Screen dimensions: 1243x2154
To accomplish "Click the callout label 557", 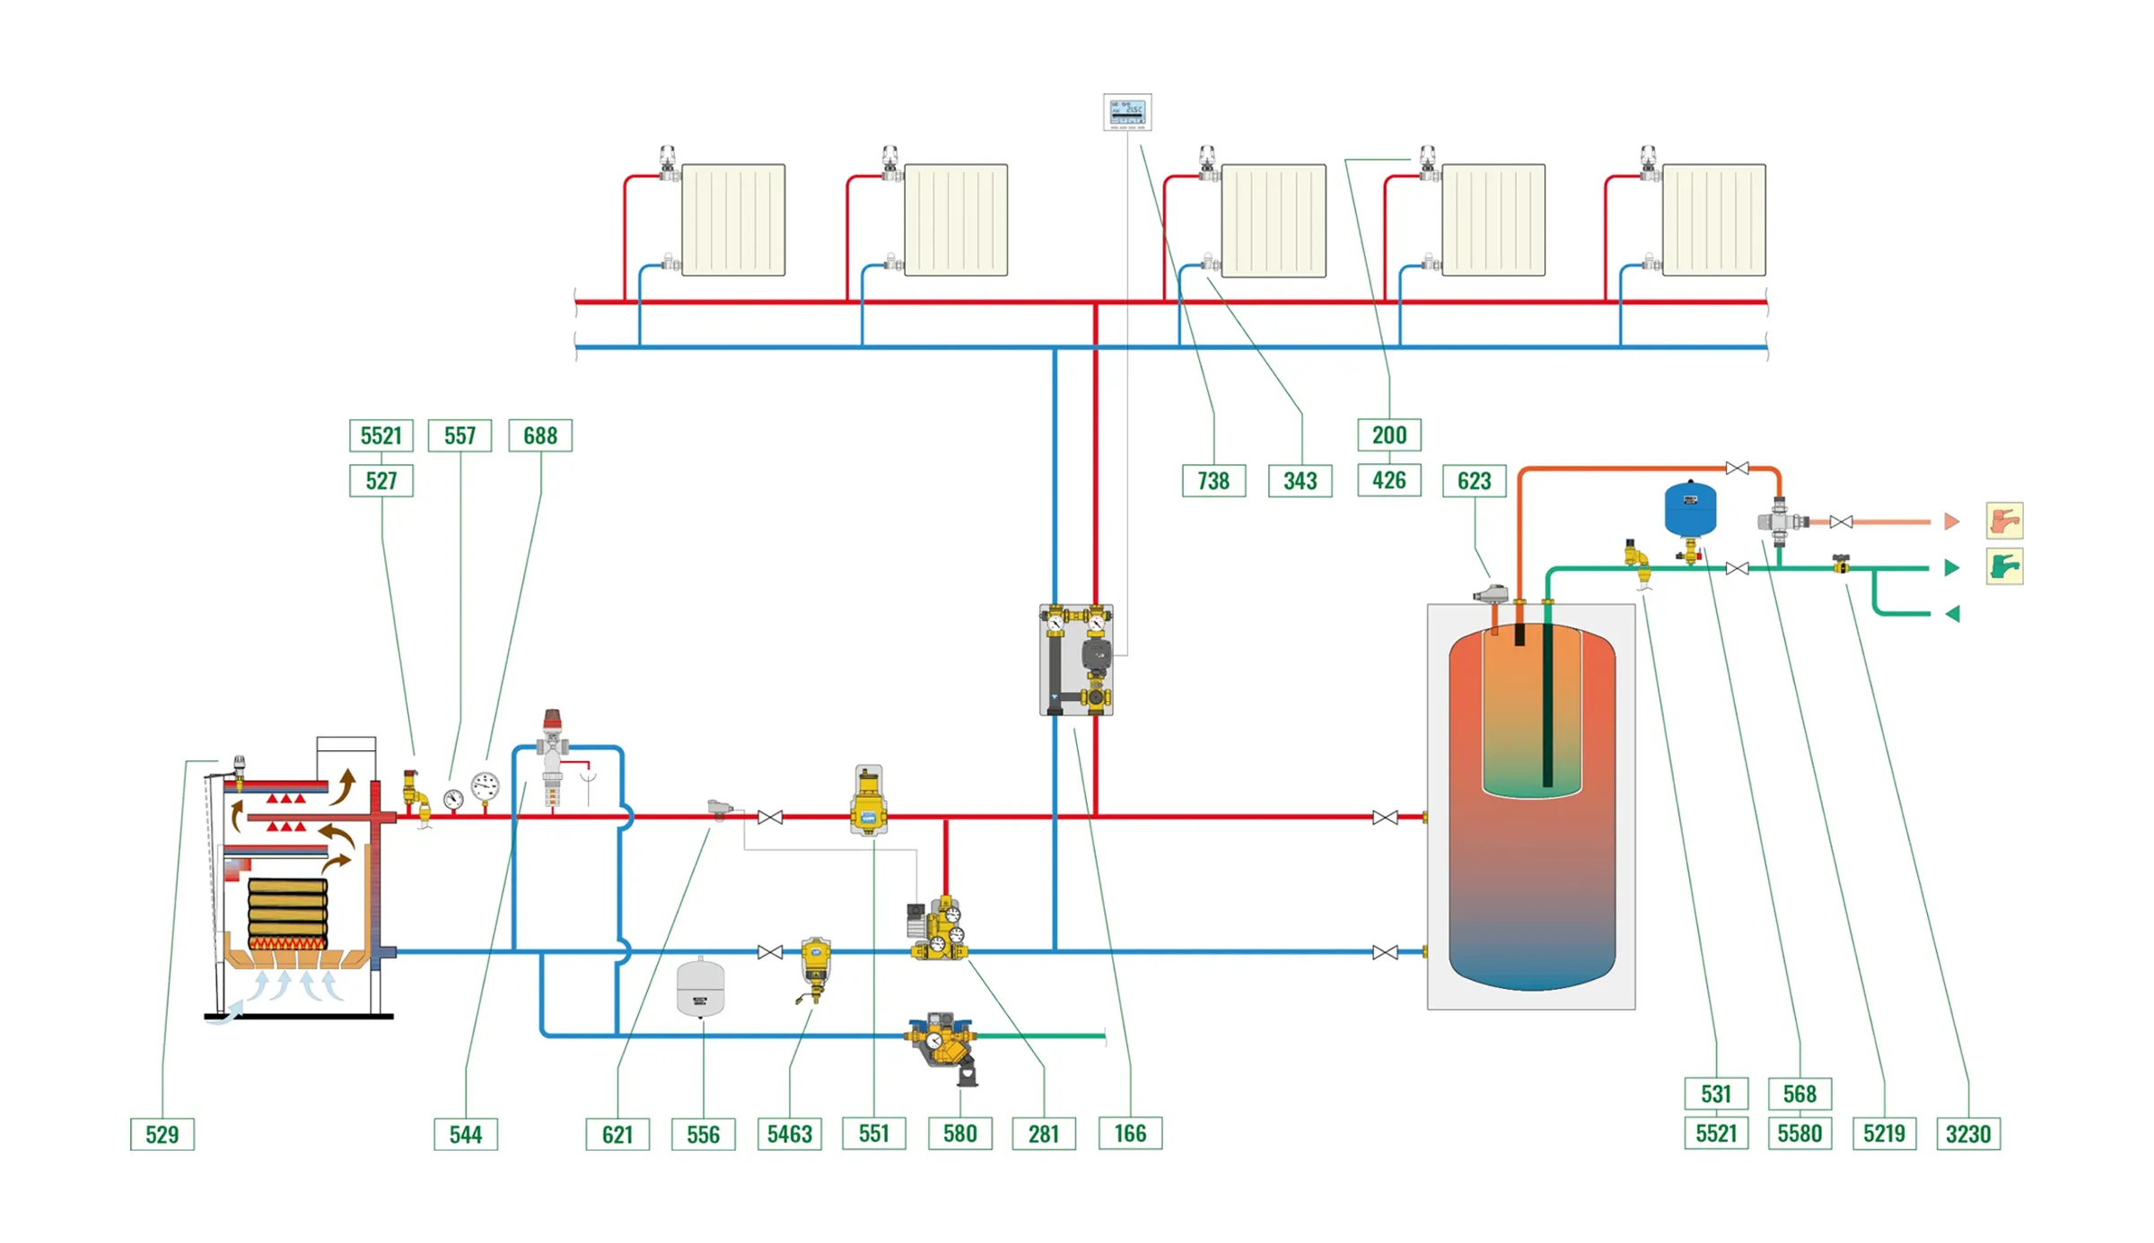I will [460, 436].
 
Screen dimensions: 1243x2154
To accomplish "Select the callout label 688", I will [540, 436].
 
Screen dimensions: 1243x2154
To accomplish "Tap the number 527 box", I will [381, 481].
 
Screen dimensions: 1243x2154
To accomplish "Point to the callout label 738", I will [1213, 481].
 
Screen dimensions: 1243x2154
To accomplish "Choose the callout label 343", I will [1300, 481].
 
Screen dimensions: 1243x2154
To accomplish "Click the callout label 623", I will [1474, 481].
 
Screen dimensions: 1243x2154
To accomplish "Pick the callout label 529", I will [162, 1134].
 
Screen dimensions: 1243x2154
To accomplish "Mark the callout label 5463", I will [789, 1134].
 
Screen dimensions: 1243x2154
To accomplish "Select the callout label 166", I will [1130, 1134].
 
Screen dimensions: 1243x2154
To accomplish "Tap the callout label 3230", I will [1968, 1134].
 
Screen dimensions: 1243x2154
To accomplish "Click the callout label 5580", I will [1799, 1134].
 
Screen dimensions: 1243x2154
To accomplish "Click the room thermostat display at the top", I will [1127, 112].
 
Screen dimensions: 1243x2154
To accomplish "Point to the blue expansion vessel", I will [1690, 510].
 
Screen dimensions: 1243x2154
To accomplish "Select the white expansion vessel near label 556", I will [700, 987].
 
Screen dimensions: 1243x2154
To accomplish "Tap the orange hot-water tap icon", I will [2004, 521].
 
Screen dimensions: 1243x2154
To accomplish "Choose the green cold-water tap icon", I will [2004, 567].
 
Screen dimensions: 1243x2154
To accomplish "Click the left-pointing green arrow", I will [1952, 614].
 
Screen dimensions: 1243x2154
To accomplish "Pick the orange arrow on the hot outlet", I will [1951, 521].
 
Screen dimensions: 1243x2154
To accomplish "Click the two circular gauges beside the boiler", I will [471, 792].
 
